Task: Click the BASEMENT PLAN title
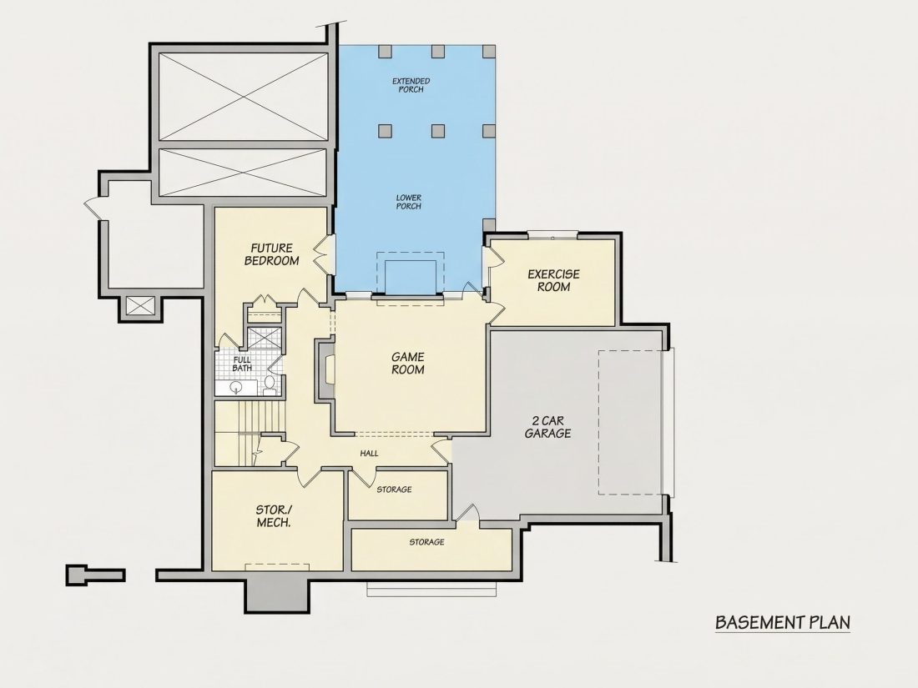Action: [783, 622]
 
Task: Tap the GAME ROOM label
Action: [408, 364]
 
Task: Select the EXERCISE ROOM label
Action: [553, 280]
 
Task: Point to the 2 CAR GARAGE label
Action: [547, 427]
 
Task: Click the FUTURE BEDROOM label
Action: [272, 254]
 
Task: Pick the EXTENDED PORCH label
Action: [411, 85]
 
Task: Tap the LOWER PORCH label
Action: [409, 202]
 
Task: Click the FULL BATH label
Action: [242, 364]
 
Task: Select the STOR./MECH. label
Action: [274, 516]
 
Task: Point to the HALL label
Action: [369, 454]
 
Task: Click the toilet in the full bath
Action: [270, 384]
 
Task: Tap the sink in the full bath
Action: [236, 387]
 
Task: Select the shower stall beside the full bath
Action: [264, 338]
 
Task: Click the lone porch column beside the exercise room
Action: [489, 225]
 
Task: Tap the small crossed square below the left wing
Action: [140, 305]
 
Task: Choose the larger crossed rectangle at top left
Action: [243, 97]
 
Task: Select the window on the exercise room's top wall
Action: [552, 235]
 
